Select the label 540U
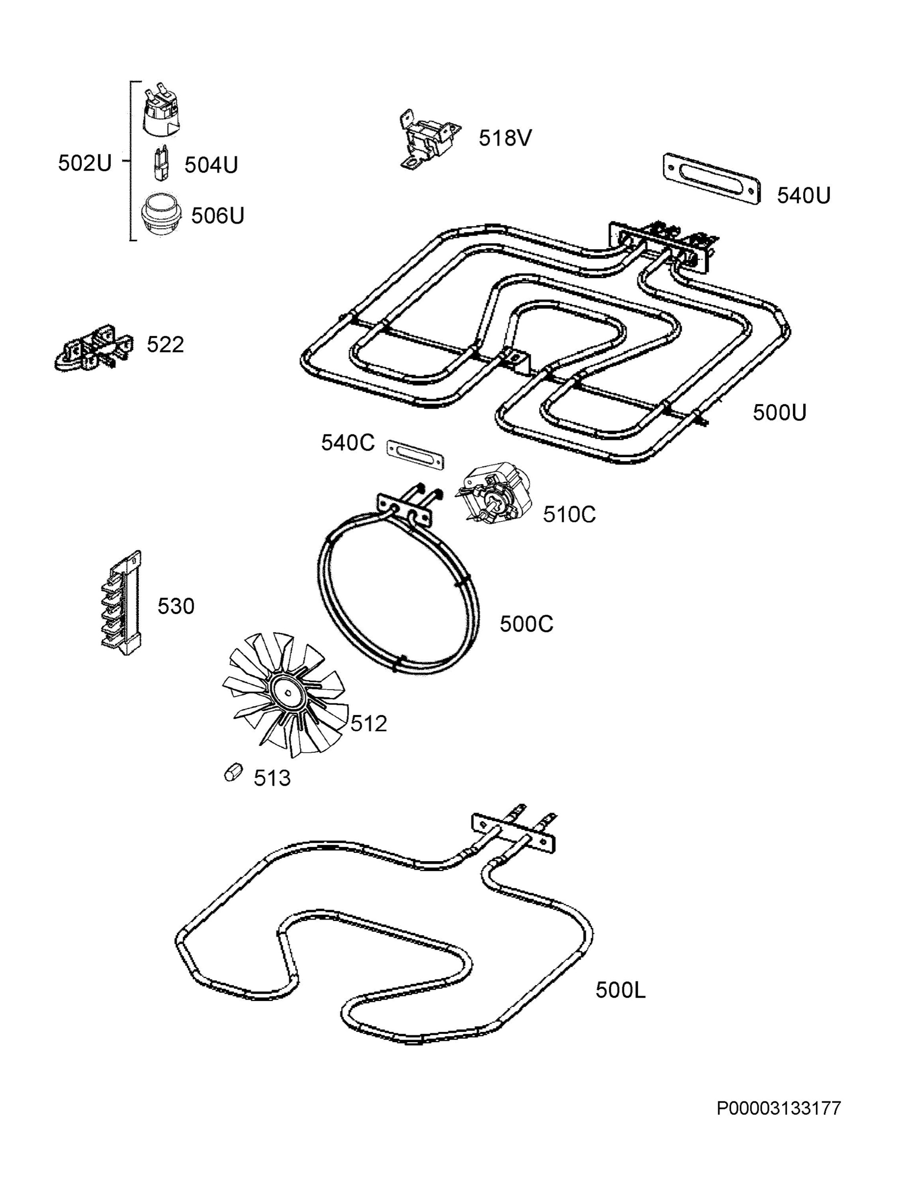pos(803,196)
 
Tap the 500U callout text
pos(780,413)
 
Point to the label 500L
pos(620,990)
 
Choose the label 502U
pos(85,163)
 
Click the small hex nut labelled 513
pos(233,773)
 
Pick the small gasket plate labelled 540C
pos(415,454)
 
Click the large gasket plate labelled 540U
pos(711,179)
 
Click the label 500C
pos(526,624)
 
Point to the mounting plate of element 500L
pos(513,833)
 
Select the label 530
pos(176,606)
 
